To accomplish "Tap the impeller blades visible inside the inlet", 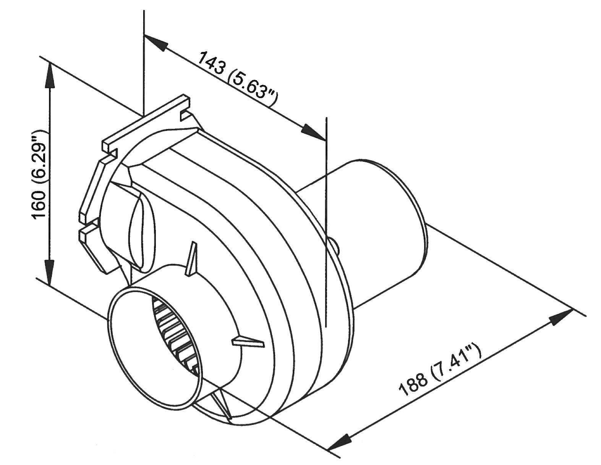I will coord(176,336).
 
